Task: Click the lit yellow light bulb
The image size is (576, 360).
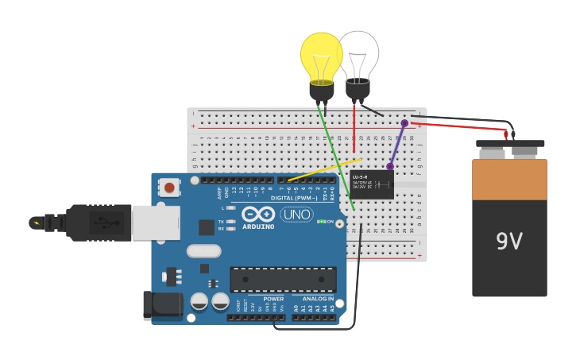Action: pos(321,56)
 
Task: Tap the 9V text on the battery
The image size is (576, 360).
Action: pos(508,242)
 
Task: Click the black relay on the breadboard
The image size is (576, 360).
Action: pos(372,184)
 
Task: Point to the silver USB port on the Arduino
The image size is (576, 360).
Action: pos(155,223)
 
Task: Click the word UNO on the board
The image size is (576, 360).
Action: pos(296,215)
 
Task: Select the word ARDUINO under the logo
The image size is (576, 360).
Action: pos(258,226)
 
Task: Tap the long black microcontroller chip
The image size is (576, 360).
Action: pos(283,279)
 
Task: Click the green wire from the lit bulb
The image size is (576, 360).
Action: pos(336,159)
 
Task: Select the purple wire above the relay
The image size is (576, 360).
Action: pos(397,145)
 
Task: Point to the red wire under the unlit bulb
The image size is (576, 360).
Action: pos(354,127)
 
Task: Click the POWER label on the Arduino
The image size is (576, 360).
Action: pos(273,299)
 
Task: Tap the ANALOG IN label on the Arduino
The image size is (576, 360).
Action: pos(319,299)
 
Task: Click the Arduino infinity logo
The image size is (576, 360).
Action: pos(258,214)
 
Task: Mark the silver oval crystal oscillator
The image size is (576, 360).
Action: pos(203,251)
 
